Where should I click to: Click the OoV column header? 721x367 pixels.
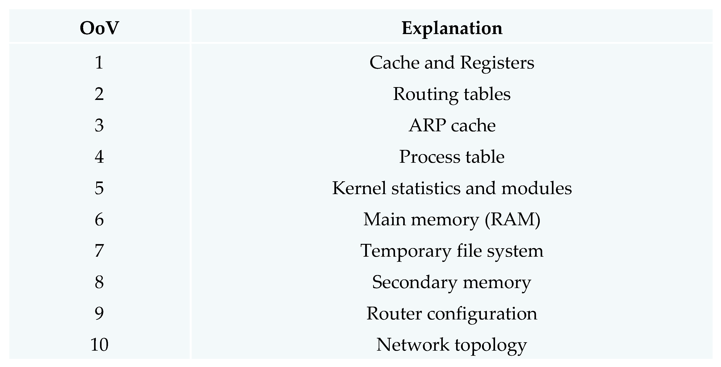click(x=99, y=28)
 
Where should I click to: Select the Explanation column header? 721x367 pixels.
click(x=452, y=28)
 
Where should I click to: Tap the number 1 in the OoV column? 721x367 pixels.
click(x=99, y=62)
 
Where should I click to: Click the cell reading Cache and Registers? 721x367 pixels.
click(x=452, y=62)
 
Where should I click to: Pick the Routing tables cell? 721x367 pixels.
click(x=452, y=94)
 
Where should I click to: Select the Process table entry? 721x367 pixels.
click(x=452, y=157)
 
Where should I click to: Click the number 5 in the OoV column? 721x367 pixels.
click(x=99, y=188)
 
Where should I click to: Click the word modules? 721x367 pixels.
click(x=536, y=188)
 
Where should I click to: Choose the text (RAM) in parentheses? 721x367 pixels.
click(x=512, y=219)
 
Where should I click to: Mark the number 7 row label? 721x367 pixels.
click(x=99, y=251)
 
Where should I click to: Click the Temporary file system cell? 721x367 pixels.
click(x=452, y=251)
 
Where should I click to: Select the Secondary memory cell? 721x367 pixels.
click(x=452, y=282)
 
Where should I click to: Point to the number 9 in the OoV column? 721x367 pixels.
click(x=99, y=313)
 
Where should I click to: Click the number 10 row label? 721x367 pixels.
click(x=99, y=345)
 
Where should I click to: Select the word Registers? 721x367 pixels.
click(x=497, y=63)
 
